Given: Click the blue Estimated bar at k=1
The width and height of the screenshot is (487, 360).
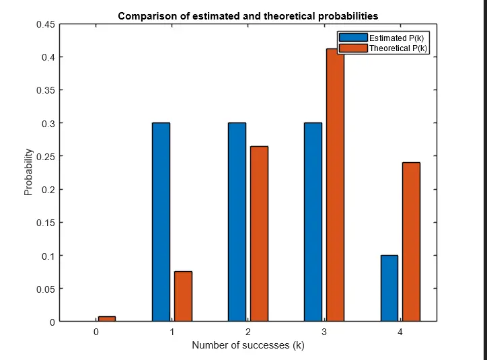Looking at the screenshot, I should pyautogui.click(x=161, y=222).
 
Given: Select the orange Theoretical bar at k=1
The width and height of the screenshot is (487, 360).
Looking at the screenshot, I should pyautogui.click(x=183, y=296).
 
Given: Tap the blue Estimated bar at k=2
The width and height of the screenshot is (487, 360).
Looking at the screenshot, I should pyautogui.click(x=237, y=222).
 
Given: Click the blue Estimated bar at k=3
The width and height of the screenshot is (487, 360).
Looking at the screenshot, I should pyautogui.click(x=313, y=222).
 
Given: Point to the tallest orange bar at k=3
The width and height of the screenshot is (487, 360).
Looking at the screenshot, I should pyautogui.click(x=335, y=188).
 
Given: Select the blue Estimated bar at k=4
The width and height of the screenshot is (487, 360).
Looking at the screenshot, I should pyautogui.click(x=389, y=288).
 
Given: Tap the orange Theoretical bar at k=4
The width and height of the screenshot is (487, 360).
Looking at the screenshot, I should pyautogui.click(x=411, y=242).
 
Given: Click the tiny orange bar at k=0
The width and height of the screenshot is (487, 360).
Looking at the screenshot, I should pyautogui.click(x=107, y=319).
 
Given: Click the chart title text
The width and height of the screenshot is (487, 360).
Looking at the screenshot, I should pyautogui.click(x=248, y=15).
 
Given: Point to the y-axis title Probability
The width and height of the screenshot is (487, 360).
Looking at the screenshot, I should pyautogui.click(x=28, y=173).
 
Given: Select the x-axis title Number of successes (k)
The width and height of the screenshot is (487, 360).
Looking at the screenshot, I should pyautogui.click(x=248, y=345).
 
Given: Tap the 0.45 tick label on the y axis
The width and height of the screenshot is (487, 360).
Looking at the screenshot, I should pyautogui.click(x=45, y=24).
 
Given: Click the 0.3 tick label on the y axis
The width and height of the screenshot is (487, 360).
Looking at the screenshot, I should pyautogui.click(x=48, y=123).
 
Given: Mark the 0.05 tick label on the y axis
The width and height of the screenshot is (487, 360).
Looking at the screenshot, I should pyautogui.click(x=45, y=289).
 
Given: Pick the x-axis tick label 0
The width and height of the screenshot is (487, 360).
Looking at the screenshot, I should pyautogui.click(x=96, y=332).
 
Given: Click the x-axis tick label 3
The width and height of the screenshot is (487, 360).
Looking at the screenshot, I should pyautogui.click(x=324, y=332).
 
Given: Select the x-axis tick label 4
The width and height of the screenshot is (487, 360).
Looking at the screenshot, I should pyautogui.click(x=400, y=332).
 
